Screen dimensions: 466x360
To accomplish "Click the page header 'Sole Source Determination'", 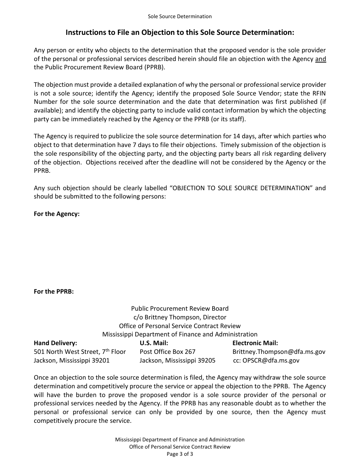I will [x=180, y=16].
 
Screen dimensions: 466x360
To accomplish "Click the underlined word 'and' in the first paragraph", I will [x=320, y=59].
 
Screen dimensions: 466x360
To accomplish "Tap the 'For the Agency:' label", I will [x=56, y=214].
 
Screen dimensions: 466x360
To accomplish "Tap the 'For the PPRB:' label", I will [x=54, y=291].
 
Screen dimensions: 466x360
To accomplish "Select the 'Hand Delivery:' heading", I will [x=55, y=343].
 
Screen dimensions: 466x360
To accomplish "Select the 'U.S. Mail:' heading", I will [x=154, y=343].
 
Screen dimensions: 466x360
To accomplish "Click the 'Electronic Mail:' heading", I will [x=255, y=343].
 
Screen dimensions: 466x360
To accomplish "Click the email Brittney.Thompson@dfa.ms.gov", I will [x=279, y=352].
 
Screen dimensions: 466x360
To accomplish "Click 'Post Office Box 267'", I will [x=167, y=352].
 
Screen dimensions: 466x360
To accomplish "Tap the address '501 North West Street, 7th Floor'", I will [x=80, y=352].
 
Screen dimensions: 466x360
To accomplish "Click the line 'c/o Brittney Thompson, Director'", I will [x=180, y=317].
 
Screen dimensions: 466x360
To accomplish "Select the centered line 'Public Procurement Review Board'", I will [x=180, y=308].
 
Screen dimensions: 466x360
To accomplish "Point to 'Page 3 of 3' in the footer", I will [x=180, y=454].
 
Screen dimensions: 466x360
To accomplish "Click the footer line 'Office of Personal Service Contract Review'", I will [x=180, y=447].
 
